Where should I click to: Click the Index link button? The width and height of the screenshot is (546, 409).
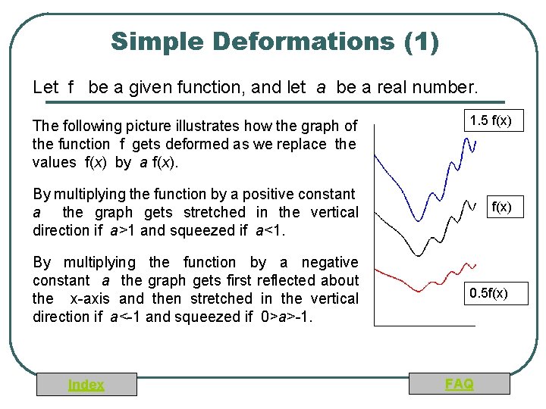(x=86, y=385)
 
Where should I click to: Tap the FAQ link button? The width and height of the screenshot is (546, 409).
(x=460, y=384)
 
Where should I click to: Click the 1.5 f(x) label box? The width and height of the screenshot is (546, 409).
(x=490, y=120)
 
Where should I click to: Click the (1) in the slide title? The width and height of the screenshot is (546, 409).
(x=422, y=41)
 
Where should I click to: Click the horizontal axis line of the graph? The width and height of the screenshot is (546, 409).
(x=425, y=325)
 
